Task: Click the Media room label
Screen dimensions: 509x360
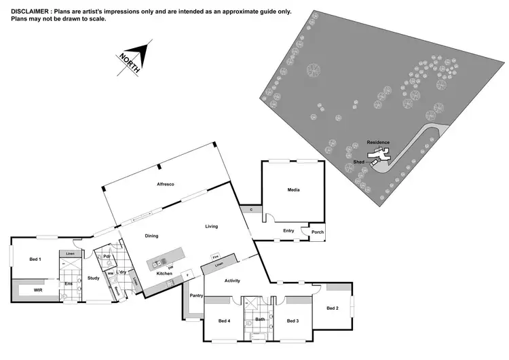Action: [293, 190]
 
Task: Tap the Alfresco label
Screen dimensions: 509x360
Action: [166, 185]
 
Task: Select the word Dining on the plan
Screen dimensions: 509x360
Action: [151, 236]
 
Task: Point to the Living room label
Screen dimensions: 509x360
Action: [212, 226]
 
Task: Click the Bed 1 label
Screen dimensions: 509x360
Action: [35, 259]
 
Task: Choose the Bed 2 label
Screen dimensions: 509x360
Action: [332, 308]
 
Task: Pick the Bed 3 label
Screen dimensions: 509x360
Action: [293, 321]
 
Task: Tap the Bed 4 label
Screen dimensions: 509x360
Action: [224, 321]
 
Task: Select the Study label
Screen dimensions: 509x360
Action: [93, 278]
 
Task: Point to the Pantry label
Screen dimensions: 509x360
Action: [197, 295]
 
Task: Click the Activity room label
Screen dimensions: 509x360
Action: [233, 280]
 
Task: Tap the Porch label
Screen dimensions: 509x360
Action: [317, 232]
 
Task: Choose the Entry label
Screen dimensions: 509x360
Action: [288, 231]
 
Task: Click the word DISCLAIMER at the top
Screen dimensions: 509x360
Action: [31, 12]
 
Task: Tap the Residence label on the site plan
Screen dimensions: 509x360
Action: [378, 142]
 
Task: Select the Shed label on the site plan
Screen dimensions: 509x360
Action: [359, 162]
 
